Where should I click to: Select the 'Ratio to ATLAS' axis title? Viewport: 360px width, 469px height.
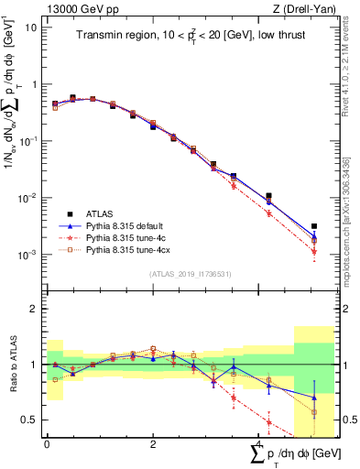point(13,365)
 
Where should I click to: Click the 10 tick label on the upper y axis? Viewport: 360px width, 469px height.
point(30,27)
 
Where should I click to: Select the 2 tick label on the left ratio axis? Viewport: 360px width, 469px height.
point(33,309)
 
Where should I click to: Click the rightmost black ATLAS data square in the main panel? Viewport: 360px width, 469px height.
point(314,226)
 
